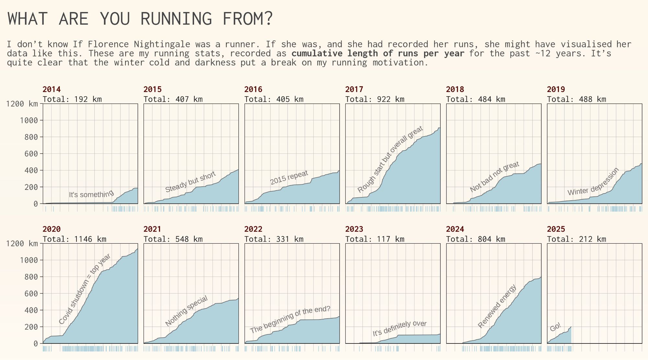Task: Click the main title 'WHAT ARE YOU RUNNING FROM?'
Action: pos(140,18)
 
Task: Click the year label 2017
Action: pos(354,89)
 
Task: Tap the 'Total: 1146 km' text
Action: pos(75,239)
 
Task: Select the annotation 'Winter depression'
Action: pos(593,181)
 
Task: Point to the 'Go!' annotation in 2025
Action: pos(555,327)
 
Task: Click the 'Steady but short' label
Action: pos(191,182)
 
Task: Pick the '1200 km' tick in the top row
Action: pos(22,104)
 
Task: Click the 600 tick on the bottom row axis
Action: pos(31,294)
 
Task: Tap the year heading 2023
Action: pos(354,229)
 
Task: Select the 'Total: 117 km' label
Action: pos(375,239)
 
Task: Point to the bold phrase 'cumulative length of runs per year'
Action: pos(378,53)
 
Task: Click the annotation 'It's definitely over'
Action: pos(399,329)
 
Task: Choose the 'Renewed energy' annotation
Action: pos(497,306)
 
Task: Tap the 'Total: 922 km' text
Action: pos(375,99)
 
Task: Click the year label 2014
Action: pos(52,89)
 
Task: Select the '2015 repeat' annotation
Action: pos(289,178)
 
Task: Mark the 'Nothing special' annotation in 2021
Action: pos(187,311)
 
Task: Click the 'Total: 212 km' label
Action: pos(576,239)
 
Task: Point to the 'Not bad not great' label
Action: pos(495,177)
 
